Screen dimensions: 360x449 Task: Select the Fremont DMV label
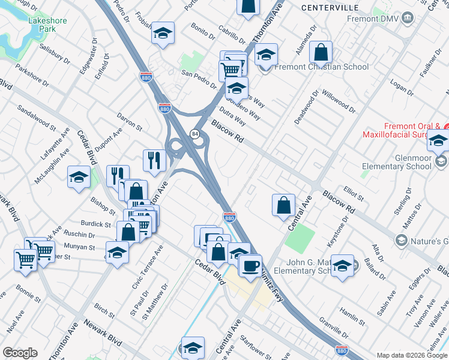coord(373,18)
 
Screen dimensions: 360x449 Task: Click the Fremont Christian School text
coord(322,67)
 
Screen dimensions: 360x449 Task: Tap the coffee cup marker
coord(250,265)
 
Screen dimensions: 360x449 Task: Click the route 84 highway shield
coord(195,133)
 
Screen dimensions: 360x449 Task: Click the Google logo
coord(20,353)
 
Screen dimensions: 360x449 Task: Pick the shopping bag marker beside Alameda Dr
coord(322,53)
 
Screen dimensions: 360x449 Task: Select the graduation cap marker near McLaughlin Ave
coord(79,178)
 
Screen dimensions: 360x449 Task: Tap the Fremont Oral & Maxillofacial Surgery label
coord(405,130)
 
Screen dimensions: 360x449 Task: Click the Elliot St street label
coord(354,193)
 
